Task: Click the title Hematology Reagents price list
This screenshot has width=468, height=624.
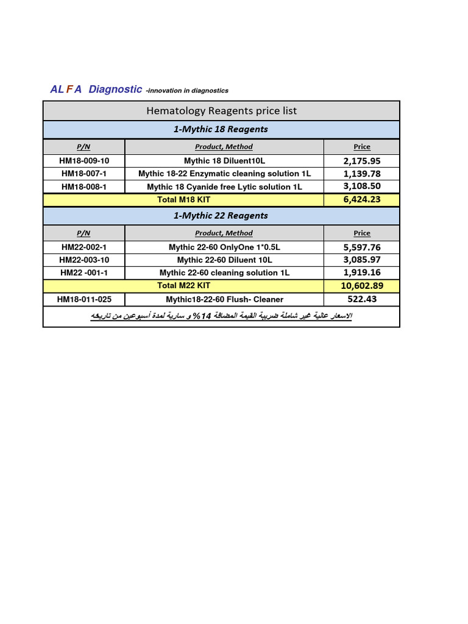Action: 221,111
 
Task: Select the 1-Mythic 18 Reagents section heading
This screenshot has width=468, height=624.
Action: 221,129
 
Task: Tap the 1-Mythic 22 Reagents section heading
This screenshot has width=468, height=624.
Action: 221,216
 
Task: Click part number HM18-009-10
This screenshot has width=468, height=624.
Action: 84,161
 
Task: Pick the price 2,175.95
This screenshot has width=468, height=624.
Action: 362,161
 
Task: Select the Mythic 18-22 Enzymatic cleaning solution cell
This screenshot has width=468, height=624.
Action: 224,174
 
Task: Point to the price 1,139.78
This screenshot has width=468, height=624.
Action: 362,174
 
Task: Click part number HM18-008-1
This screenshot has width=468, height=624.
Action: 84,187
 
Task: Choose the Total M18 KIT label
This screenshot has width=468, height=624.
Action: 183,200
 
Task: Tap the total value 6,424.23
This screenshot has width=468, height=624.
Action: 362,200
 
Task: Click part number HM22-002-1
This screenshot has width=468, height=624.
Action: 84,247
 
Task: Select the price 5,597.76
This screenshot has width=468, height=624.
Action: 362,247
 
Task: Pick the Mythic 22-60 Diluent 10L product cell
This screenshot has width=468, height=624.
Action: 224,260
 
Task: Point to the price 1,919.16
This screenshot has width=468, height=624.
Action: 362,273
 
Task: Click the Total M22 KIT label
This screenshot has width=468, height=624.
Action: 183,286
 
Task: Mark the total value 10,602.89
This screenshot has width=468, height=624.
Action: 362,286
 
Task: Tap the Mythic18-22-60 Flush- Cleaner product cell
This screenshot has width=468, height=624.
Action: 224,299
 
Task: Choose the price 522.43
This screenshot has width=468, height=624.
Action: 362,299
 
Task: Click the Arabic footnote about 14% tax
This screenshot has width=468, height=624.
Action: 221,316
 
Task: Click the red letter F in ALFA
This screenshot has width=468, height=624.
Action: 69,90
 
